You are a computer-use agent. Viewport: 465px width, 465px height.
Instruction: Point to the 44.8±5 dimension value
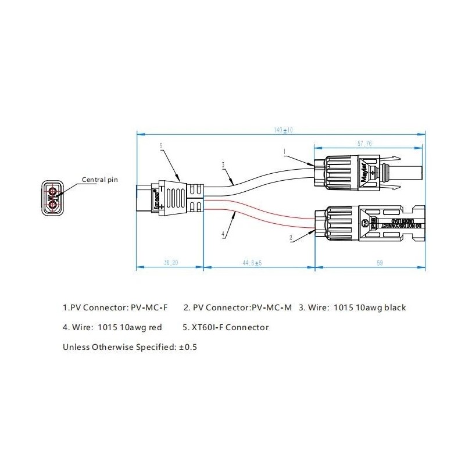coord(252,263)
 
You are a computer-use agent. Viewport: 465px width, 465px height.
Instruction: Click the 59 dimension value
coord(379,263)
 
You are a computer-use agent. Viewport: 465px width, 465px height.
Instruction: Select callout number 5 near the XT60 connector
coord(160,146)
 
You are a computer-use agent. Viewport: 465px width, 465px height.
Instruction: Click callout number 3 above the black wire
coord(223,164)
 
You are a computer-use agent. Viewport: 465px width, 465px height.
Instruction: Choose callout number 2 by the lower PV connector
coord(291,238)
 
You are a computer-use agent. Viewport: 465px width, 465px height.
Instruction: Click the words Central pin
coord(99,180)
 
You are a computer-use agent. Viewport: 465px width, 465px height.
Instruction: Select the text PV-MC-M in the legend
coord(271,307)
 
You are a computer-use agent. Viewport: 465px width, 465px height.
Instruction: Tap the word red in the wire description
coord(155,327)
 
